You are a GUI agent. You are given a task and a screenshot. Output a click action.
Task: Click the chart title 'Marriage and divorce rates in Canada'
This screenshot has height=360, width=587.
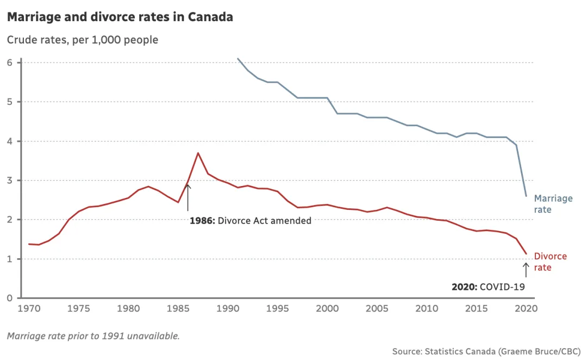(x=120, y=17)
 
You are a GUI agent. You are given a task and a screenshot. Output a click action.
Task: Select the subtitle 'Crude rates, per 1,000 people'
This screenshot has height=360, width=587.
(x=83, y=40)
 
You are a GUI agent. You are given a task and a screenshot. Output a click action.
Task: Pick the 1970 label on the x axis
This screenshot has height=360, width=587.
(x=29, y=308)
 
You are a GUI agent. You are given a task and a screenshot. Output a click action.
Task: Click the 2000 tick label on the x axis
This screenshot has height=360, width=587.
(x=327, y=308)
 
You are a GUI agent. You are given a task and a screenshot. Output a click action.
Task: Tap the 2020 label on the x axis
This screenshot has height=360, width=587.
(x=526, y=308)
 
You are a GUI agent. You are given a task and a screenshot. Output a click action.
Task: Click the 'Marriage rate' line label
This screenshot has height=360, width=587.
(x=553, y=204)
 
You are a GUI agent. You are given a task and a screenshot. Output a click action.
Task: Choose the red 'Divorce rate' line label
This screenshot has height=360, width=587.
(x=550, y=262)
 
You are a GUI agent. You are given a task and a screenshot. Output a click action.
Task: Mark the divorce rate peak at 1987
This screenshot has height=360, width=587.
(x=198, y=153)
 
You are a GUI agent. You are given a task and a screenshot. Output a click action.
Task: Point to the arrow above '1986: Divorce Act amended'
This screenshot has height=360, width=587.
(x=188, y=197)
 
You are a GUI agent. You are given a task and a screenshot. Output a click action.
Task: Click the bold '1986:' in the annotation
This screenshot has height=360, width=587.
(x=202, y=221)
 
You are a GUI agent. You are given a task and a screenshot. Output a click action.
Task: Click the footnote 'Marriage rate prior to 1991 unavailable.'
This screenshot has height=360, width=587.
(x=93, y=336)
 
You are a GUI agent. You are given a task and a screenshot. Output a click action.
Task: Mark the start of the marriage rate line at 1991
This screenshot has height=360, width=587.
(x=238, y=58)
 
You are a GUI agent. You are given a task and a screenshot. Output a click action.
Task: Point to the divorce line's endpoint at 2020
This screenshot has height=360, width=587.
(x=526, y=254)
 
